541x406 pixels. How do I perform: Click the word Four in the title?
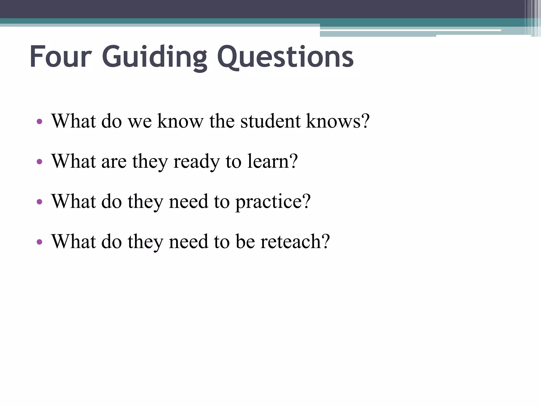pos(60,57)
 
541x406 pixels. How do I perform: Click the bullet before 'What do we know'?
pos(39,122)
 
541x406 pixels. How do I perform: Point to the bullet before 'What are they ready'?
pos(39,162)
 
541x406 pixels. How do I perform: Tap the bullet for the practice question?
pos(39,202)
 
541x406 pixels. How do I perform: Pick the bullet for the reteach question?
pos(39,242)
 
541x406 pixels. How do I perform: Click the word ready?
pos(196,162)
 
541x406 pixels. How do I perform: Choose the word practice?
pos(273,202)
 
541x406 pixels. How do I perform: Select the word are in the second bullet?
pos(114,162)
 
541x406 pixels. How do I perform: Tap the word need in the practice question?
pos(188,202)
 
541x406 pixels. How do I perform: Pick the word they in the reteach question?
pos(145,242)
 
